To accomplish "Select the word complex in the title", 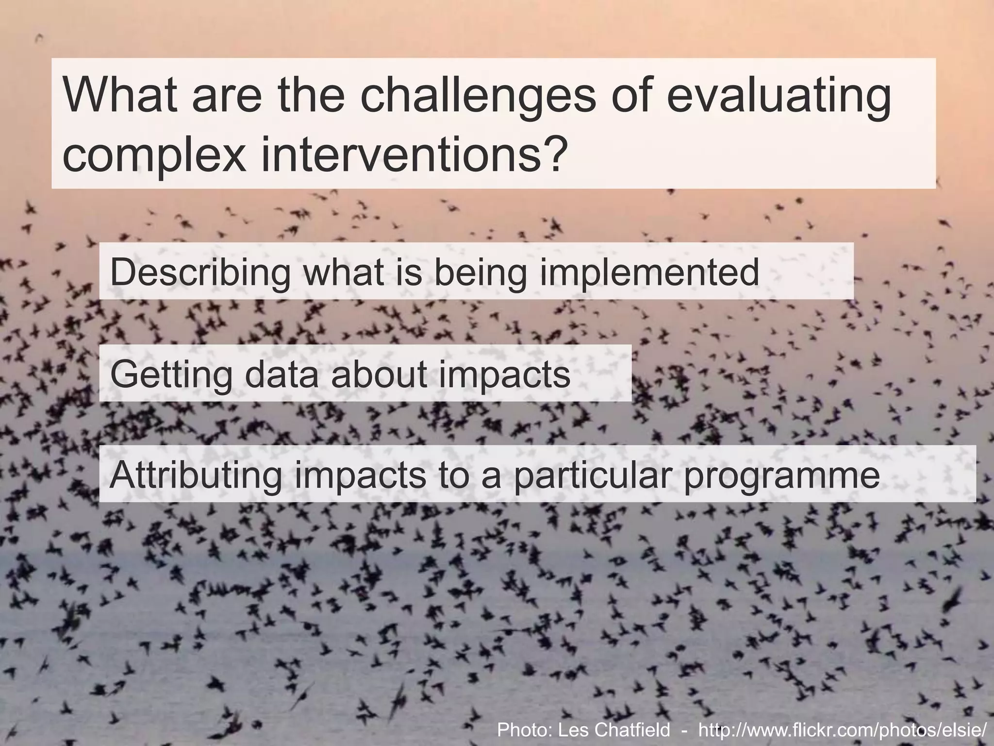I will (154, 155).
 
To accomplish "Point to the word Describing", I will (200, 273).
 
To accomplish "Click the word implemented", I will (649, 273).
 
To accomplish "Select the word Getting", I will (171, 375).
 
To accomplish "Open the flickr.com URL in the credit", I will (842, 730).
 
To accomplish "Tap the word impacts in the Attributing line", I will (360, 476).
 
